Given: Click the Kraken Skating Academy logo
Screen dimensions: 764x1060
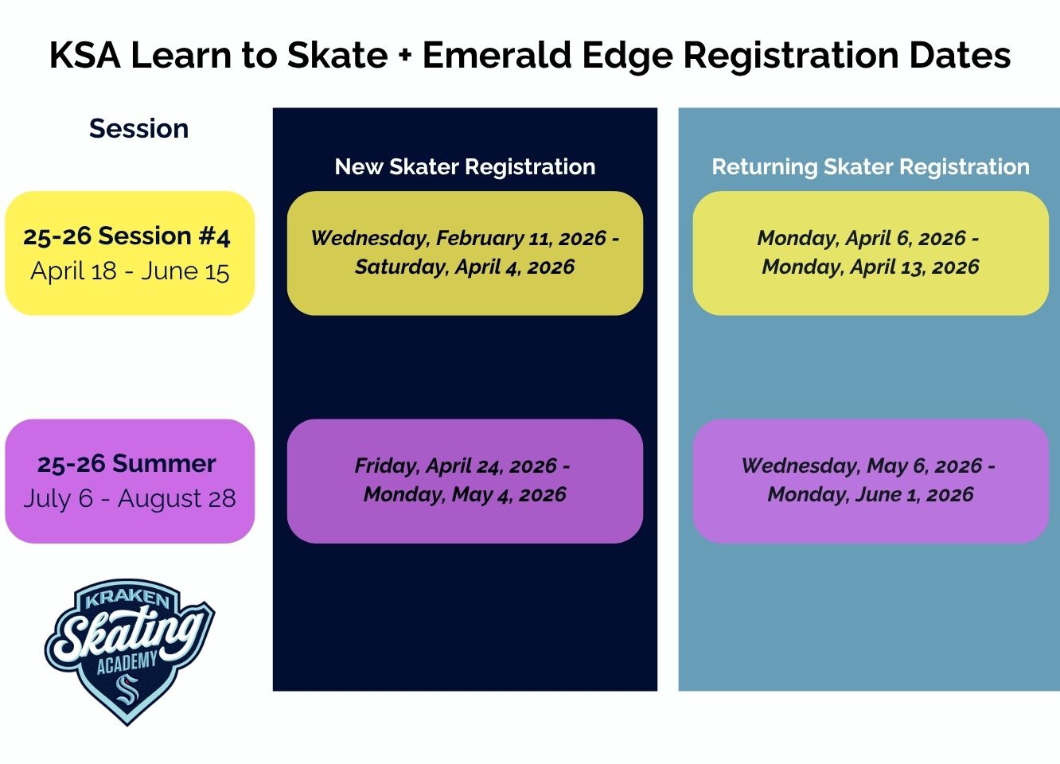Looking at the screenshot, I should pyautogui.click(x=129, y=651).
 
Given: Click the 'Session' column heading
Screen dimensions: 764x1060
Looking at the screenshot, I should pyautogui.click(x=138, y=129).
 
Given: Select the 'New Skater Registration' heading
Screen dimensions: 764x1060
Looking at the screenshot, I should pyautogui.click(x=465, y=167).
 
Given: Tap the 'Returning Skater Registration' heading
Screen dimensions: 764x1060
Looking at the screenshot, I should pyautogui.click(x=870, y=167).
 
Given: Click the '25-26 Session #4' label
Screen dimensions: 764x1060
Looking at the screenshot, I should pyautogui.click(x=127, y=236).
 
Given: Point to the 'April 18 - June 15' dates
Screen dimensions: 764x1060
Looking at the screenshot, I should pyautogui.click(x=130, y=271).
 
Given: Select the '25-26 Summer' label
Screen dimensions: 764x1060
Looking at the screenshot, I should pyautogui.click(x=127, y=464).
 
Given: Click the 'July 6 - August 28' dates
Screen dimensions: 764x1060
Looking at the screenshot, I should pyautogui.click(x=130, y=499).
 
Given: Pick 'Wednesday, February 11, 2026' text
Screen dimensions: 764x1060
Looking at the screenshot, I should pyautogui.click(x=458, y=238).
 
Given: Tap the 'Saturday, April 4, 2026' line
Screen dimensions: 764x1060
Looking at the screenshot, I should pyautogui.click(x=465, y=267).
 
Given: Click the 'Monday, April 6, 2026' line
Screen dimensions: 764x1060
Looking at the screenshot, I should pyautogui.click(x=861, y=238).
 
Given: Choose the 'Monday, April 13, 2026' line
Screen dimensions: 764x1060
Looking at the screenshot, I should pyautogui.click(x=870, y=267).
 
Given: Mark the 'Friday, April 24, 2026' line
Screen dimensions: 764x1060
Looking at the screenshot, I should pyautogui.click(x=456, y=466).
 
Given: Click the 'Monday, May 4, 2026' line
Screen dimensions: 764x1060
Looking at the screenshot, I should pyautogui.click(x=465, y=494).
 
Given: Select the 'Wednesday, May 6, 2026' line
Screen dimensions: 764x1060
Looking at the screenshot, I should pyautogui.click(x=862, y=466).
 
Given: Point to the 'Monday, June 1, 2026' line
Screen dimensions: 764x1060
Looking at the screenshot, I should pyautogui.click(x=870, y=494).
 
